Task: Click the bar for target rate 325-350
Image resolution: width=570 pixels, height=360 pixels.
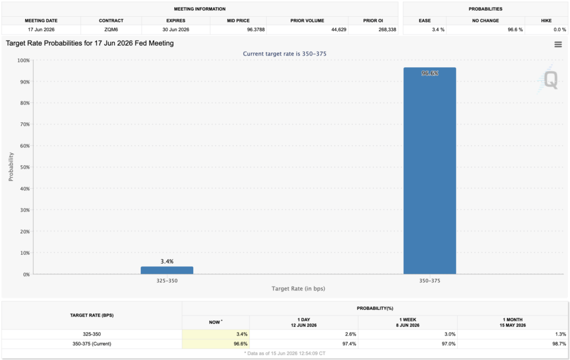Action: pos(167,270)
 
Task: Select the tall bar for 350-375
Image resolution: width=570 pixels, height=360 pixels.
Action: pos(430,171)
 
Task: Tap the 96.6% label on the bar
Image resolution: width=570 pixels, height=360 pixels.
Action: pos(430,73)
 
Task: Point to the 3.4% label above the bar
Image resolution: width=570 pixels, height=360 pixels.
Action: pos(167,261)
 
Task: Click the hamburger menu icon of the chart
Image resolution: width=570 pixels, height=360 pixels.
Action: pos(558,45)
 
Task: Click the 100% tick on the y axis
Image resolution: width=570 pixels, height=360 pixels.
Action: pos(23,60)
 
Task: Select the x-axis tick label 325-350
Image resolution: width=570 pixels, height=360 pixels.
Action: pos(167,281)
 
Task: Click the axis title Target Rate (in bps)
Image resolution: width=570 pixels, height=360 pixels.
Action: pos(298,289)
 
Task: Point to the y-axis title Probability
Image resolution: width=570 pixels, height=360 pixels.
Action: pos(11,167)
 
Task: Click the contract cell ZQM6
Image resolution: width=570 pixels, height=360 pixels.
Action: pos(111,29)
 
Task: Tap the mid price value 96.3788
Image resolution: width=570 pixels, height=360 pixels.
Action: pos(256,29)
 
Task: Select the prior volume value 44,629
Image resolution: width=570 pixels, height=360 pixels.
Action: pos(339,29)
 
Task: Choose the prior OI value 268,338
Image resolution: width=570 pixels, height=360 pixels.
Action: pos(387,29)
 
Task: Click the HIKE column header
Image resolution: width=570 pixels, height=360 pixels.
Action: pos(546,21)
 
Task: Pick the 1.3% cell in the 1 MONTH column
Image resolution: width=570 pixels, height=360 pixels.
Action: pos(561,334)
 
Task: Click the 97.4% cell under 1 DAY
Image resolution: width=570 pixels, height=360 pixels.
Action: pos(350,344)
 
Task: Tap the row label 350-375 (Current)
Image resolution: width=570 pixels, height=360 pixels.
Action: pos(92,344)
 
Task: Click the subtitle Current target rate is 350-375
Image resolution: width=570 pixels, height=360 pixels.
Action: pos(284,54)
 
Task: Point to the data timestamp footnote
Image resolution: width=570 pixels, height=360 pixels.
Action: pos(284,353)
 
